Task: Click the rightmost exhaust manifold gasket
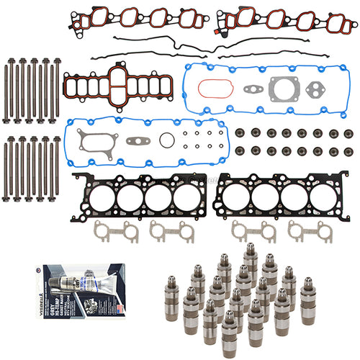(x=305, y=230)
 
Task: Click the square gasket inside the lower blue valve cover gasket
(x=95, y=141)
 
